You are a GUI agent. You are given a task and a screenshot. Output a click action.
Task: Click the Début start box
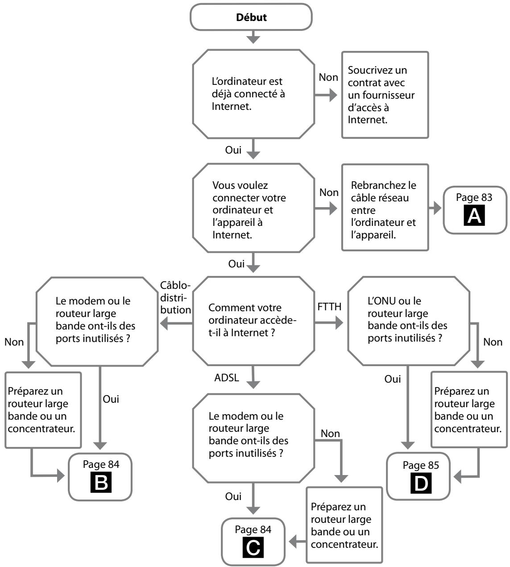(251, 17)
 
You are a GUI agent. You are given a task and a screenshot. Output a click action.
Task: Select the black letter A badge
(474, 216)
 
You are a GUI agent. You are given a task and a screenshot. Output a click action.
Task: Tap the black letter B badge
(101, 483)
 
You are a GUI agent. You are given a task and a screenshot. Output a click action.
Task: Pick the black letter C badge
(253, 548)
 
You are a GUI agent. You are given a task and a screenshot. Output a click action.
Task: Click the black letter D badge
(421, 484)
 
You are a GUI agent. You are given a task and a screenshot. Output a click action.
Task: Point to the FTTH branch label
(329, 307)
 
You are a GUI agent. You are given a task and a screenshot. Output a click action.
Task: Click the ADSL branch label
(227, 378)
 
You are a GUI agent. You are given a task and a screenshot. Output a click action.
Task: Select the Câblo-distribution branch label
(175, 298)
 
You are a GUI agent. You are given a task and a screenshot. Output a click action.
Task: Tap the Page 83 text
(474, 197)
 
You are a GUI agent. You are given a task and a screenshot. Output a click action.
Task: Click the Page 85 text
(421, 465)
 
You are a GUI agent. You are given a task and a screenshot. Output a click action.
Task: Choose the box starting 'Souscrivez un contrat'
(385, 95)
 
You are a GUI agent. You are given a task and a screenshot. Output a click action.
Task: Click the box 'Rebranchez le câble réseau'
(385, 207)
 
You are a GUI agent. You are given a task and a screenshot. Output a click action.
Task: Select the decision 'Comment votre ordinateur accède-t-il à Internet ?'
(253, 321)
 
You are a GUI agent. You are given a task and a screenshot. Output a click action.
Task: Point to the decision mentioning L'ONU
(409, 321)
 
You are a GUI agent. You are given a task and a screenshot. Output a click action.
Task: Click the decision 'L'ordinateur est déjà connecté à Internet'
(253, 94)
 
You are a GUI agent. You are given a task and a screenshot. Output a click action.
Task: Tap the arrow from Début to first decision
(253, 37)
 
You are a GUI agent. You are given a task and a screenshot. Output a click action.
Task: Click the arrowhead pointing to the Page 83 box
(438, 208)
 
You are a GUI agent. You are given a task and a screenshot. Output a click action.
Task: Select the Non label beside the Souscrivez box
(328, 77)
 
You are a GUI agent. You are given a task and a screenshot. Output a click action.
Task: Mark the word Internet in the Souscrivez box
(367, 120)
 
